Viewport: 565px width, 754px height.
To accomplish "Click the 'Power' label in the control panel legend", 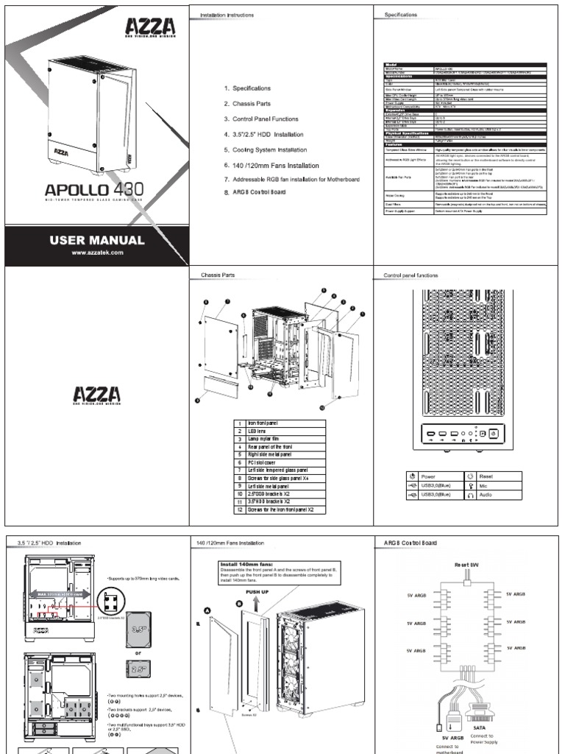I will (x=434, y=476).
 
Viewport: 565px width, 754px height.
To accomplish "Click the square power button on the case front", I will (x=494, y=434).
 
